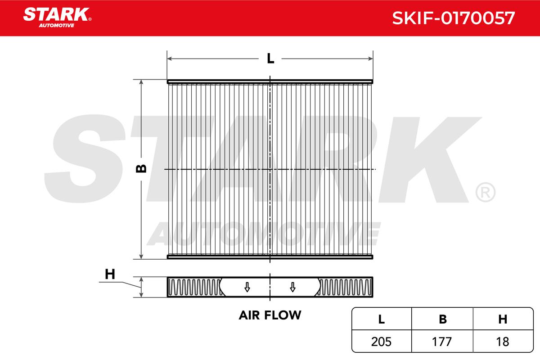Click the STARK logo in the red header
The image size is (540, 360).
57,14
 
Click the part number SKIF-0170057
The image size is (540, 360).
454,18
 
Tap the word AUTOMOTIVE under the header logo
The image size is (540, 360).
57,26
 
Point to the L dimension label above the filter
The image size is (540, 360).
270,58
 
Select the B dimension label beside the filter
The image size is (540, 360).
141,169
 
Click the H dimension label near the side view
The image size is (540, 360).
110,274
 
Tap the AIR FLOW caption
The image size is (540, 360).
270,315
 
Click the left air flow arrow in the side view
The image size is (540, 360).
247,287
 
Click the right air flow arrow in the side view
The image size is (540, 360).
292,287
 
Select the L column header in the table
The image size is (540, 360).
382,319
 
